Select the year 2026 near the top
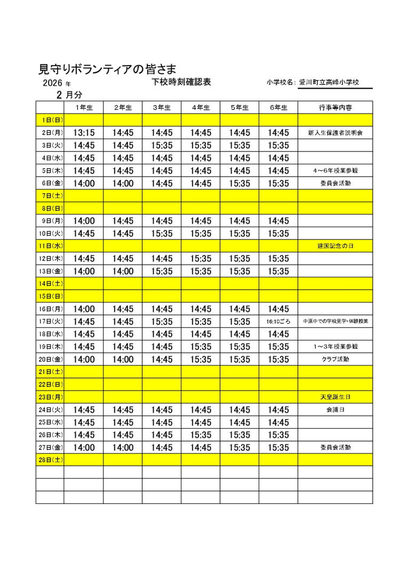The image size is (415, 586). click(x=53, y=84)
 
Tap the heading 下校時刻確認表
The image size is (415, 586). click(x=181, y=82)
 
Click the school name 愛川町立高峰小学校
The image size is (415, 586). click(x=329, y=82)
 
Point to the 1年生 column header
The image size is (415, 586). click(x=84, y=108)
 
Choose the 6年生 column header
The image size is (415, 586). click(x=278, y=108)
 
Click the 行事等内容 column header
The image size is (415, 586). click(x=335, y=108)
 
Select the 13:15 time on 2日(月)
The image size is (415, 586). click(x=84, y=133)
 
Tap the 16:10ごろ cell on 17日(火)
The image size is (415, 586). click(x=278, y=322)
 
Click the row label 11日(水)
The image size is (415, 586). click(x=50, y=246)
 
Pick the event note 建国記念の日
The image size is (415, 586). click(x=335, y=246)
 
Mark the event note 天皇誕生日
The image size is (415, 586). click(x=335, y=397)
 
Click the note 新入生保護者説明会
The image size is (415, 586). click(x=335, y=133)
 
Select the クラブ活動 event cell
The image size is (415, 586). click(x=335, y=360)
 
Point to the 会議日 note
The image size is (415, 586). click(x=335, y=410)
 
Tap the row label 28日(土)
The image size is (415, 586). click(x=50, y=460)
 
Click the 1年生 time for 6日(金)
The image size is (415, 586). click(x=84, y=183)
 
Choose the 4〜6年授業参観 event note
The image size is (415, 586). click(x=335, y=170)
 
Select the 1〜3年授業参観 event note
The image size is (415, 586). click(x=335, y=347)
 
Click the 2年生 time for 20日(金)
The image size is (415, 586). click(x=123, y=360)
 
